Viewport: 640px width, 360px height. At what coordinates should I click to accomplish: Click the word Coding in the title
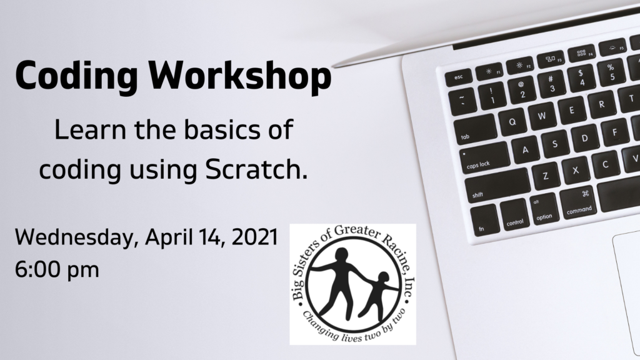coord(76,76)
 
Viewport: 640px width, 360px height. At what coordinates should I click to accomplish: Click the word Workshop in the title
coord(239,76)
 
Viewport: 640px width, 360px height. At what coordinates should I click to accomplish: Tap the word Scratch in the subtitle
coord(256,169)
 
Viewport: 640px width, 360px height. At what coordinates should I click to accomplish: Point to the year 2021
coord(255,237)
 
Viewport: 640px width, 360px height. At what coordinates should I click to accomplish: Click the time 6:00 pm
coord(57,270)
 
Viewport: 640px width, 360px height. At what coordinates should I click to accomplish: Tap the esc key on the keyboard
coord(458,77)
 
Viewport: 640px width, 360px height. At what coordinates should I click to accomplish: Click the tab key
coord(475,129)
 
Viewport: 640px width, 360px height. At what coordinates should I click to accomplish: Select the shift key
coord(497,186)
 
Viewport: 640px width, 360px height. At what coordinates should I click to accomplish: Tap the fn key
coord(484,220)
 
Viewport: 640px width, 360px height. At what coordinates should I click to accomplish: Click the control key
coord(514,214)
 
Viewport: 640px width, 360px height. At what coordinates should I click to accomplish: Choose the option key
coord(544,209)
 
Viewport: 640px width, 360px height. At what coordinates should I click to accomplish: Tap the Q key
coord(512,121)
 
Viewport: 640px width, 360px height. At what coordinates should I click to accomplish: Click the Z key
coord(546,176)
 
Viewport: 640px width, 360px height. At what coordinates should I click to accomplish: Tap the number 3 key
coord(551,84)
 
